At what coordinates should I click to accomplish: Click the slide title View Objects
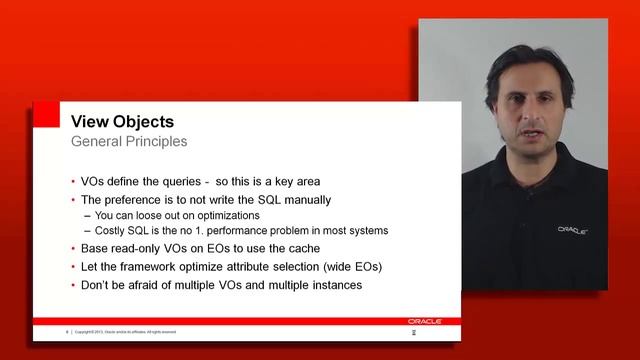pos(122,121)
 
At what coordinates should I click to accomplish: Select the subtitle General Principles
pos(128,141)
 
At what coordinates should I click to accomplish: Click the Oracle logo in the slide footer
pos(421,321)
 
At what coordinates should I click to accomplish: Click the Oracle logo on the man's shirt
pos(572,229)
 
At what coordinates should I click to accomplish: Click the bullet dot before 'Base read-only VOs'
pos(73,248)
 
